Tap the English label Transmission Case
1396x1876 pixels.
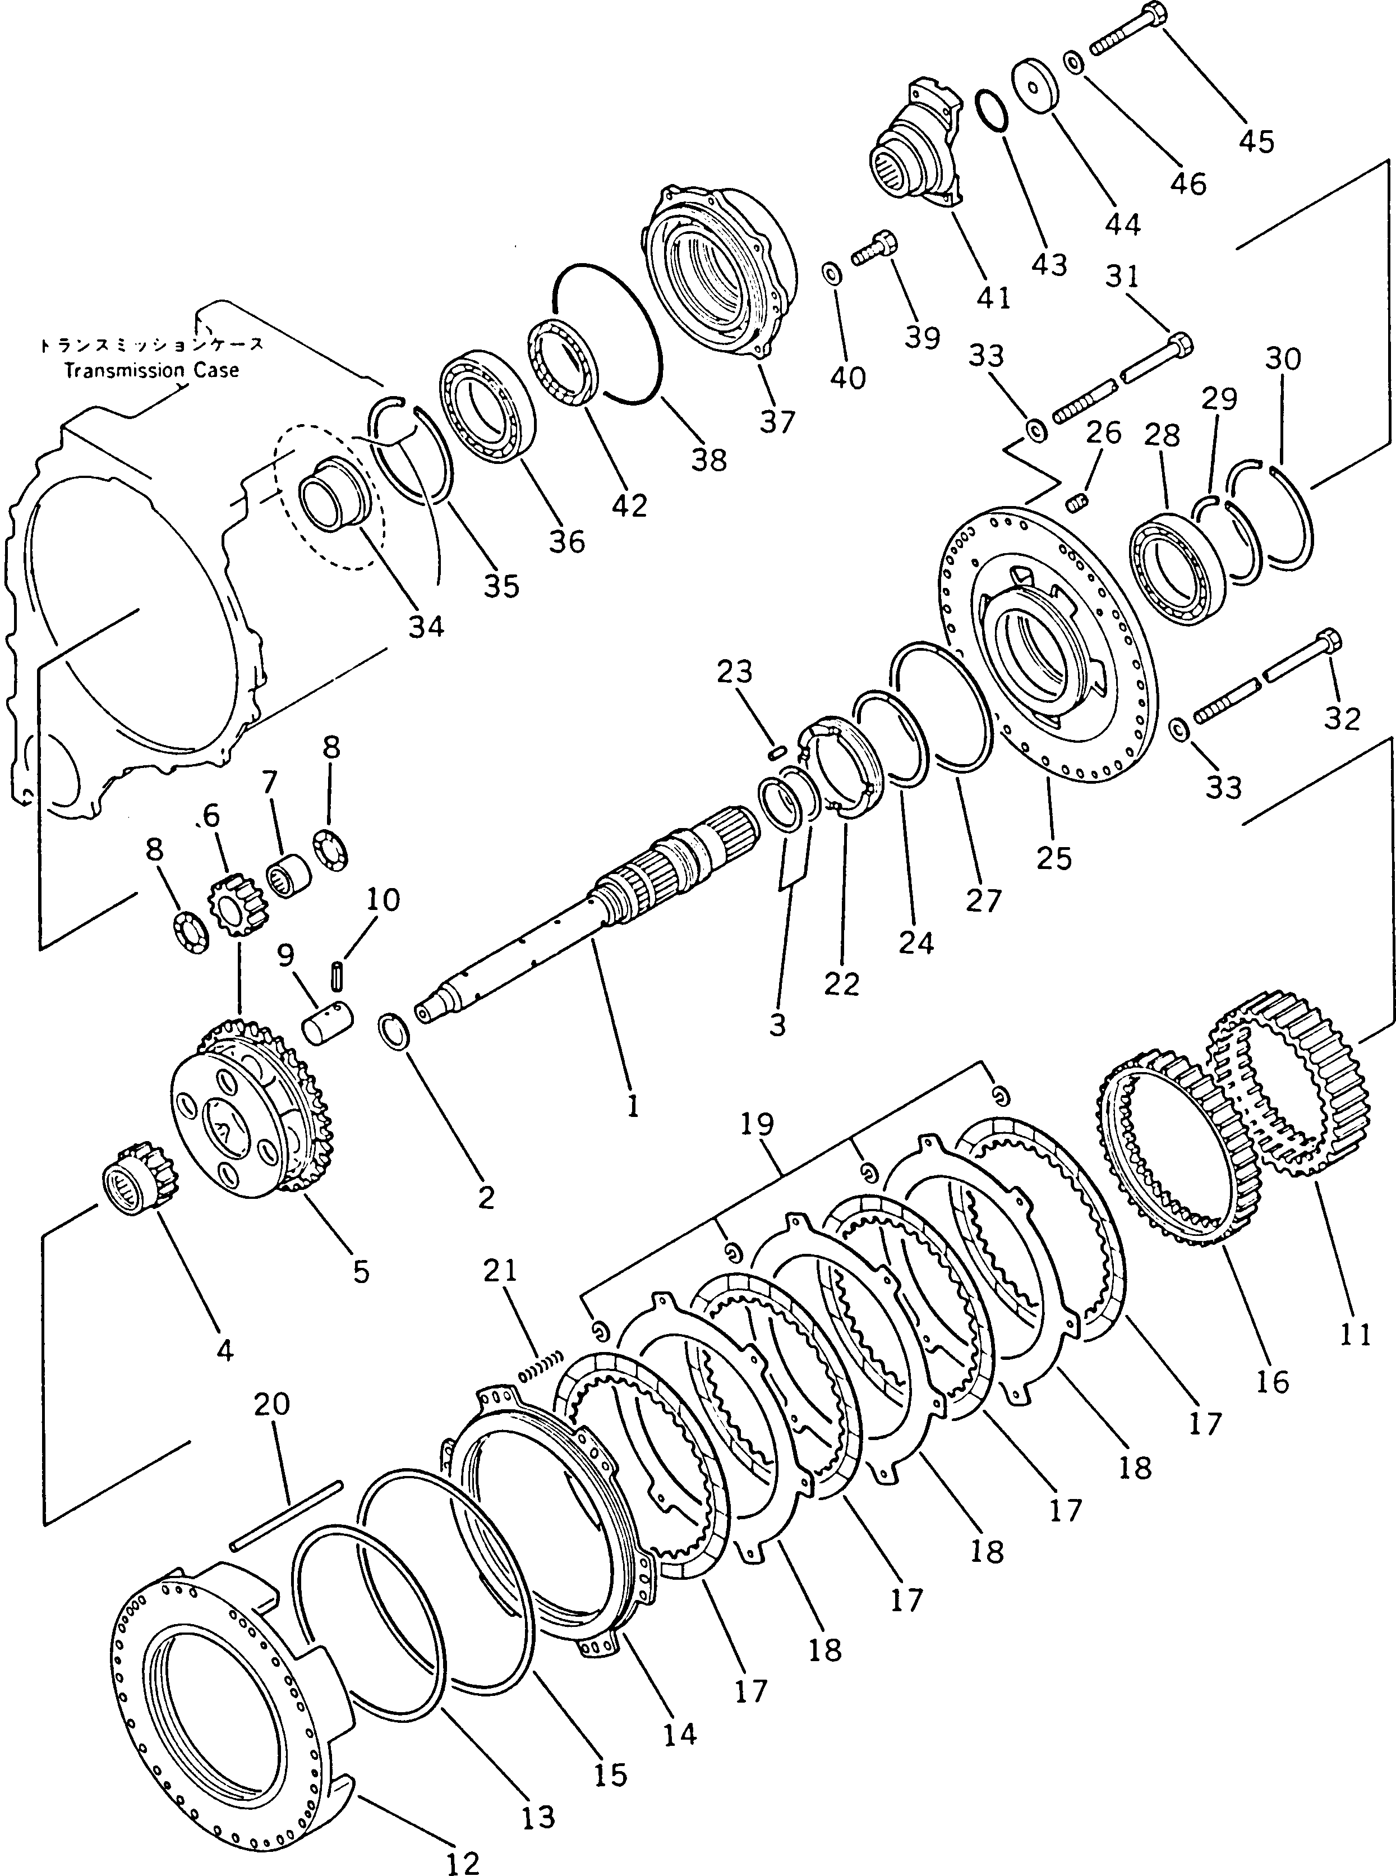point(152,370)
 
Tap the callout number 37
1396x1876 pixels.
point(777,421)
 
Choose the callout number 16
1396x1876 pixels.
point(1273,1382)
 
